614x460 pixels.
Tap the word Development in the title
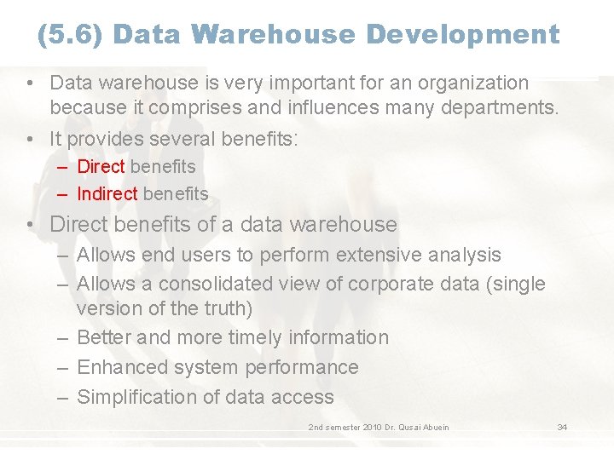pyautogui.click(x=463, y=35)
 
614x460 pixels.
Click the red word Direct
pyautogui.click(x=101, y=167)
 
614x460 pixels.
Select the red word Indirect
pyautogui.click(x=107, y=194)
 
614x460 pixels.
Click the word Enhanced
pyautogui.click(x=116, y=367)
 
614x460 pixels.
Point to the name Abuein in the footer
pyautogui.click(x=432, y=427)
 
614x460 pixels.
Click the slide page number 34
pyautogui.click(x=562, y=427)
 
